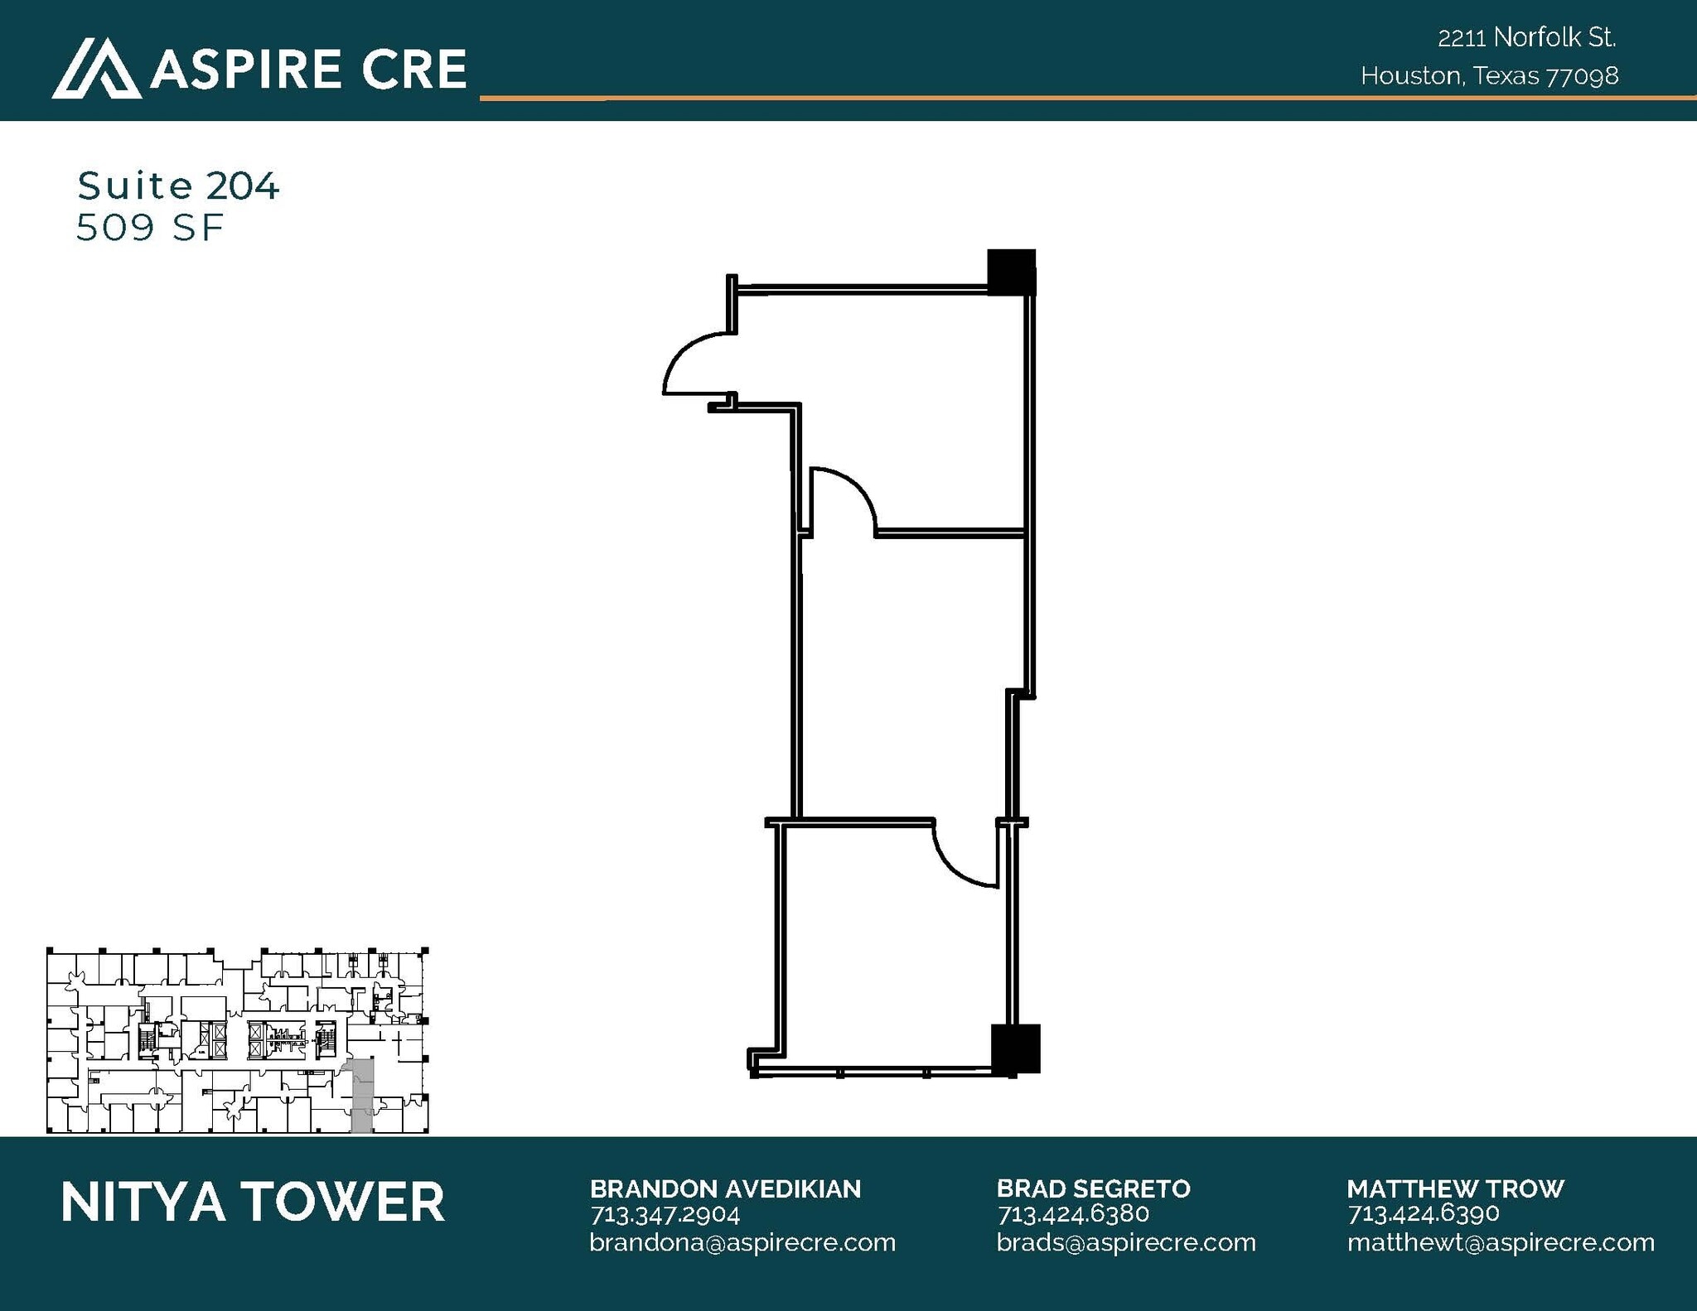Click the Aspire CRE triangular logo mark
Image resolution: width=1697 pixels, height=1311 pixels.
97,68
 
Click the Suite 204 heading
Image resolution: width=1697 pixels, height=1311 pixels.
178,186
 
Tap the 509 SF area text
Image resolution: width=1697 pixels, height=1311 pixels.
150,228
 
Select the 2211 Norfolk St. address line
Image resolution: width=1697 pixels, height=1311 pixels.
1527,37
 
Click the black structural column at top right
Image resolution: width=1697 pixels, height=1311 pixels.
1012,272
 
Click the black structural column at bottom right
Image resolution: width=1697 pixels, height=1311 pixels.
1016,1048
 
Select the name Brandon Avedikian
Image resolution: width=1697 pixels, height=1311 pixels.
725,1188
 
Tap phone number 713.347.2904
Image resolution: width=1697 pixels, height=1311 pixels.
665,1214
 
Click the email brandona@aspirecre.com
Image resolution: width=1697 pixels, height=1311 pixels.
742,1242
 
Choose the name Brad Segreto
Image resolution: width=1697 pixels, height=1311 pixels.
1093,1188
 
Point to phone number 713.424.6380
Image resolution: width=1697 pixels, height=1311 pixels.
1073,1214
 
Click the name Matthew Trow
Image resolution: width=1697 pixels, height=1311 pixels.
1455,1188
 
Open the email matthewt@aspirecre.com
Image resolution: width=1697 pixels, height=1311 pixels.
1501,1242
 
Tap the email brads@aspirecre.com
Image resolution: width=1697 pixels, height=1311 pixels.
1126,1242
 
